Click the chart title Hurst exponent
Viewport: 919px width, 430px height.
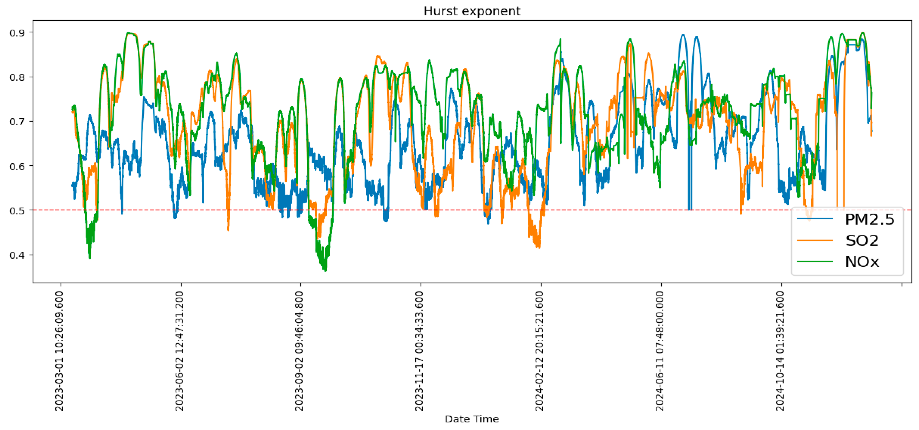coord(472,11)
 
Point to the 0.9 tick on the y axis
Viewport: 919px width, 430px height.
coord(17,33)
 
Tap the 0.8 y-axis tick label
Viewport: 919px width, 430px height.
coord(17,77)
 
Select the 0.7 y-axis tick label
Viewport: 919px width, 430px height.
coord(17,122)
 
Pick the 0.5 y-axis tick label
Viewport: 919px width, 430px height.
coord(17,211)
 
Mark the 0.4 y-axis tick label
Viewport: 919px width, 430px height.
coord(17,255)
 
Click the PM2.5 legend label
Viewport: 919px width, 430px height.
coord(869,219)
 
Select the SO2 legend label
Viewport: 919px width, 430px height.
coord(862,241)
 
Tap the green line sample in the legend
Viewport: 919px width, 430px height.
coord(814,261)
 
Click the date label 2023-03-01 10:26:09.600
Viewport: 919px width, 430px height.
coord(60,351)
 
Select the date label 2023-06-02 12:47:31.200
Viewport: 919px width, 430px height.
coord(180,351)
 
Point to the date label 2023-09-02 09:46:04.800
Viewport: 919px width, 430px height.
coord(299,351)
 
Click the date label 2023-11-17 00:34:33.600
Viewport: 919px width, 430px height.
coord(420,351)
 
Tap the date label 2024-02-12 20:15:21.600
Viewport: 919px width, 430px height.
coord(540,351)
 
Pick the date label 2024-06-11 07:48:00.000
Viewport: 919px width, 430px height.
coord(660,351)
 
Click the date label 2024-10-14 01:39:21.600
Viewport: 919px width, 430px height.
coord(780,351)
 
